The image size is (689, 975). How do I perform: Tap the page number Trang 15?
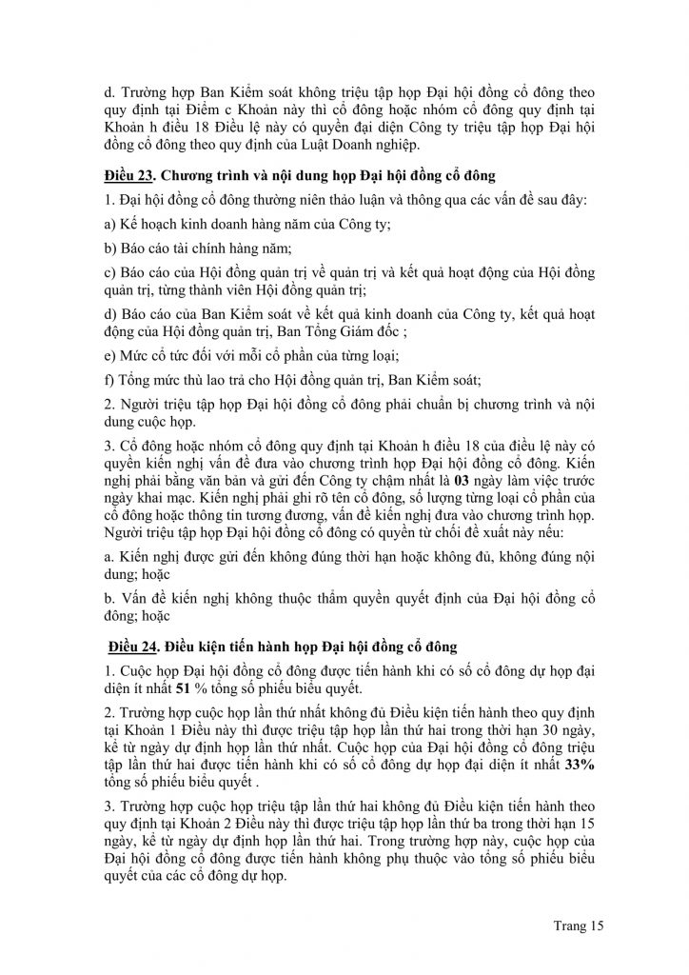pyautogui.click(x=578, y=924)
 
